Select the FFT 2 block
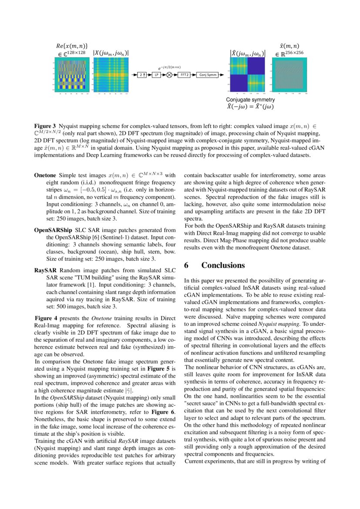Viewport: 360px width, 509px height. [184, 75]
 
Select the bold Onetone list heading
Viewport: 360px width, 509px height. [45, 176]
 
